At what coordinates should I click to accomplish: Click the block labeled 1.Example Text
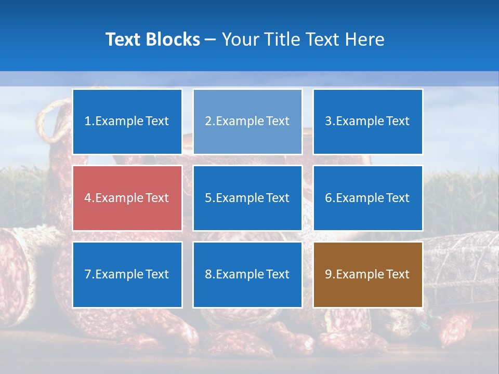click(127, 122)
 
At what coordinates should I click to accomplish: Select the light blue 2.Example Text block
click(247, 122)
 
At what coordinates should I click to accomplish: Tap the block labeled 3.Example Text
click(367, 122)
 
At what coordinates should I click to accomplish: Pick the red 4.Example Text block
click(127, 198)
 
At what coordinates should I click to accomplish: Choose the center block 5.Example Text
click(247, 198)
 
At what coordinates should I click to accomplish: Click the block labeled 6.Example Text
click(367, 198)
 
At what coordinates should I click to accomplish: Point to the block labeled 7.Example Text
click(127, 274)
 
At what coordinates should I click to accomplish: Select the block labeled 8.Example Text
click(247, 274)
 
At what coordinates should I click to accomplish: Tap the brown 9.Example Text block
click(367, 274)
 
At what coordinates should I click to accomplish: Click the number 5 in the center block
click(208, 198)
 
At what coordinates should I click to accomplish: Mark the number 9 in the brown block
click(328, 274)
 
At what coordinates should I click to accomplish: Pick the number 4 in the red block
click(88, 198)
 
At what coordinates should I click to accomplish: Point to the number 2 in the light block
click(208, 122)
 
